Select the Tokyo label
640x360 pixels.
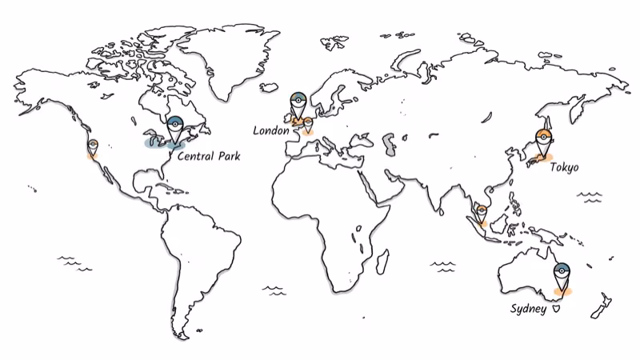(564, 167)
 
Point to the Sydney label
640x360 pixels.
(528, 308)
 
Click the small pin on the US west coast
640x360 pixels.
(93, 147)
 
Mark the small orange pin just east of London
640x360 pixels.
(308, 124)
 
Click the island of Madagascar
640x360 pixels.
(382, 262)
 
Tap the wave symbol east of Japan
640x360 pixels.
(593, 195)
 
